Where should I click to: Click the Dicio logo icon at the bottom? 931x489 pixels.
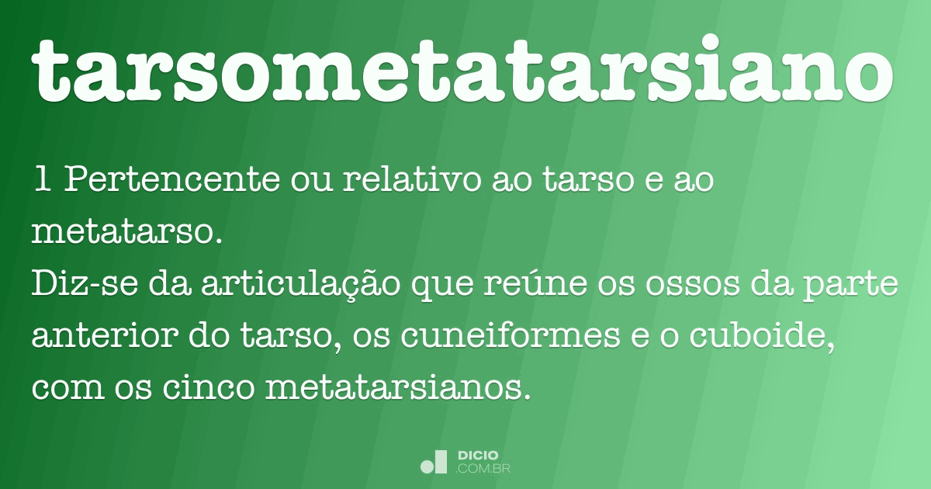pos(434,462)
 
